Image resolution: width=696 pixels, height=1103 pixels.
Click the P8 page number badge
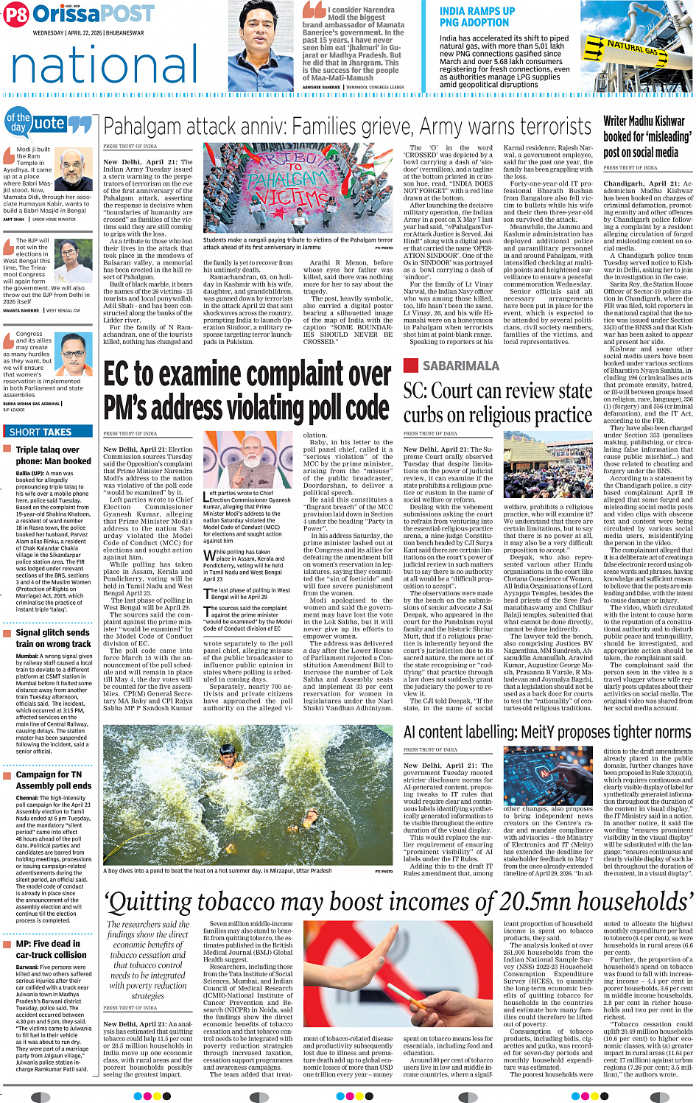pos(16,15)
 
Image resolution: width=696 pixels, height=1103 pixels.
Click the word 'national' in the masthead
pos(105,65)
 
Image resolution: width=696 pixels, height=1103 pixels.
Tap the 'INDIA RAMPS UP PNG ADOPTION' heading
pos(477,17)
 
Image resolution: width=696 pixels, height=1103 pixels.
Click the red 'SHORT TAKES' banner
pos(41,433)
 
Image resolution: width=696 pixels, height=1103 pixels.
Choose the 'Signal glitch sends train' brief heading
pos(53,638)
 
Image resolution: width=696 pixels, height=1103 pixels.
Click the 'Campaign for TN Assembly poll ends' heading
pos(54,780)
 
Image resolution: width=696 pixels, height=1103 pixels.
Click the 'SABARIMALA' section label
pos(460,365)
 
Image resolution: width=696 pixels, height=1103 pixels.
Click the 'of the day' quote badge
pos(18,122)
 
